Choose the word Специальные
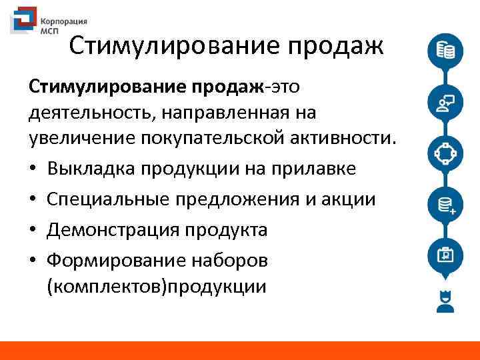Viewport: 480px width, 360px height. point(107,199)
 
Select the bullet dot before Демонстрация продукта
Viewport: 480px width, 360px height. point(34,231)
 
